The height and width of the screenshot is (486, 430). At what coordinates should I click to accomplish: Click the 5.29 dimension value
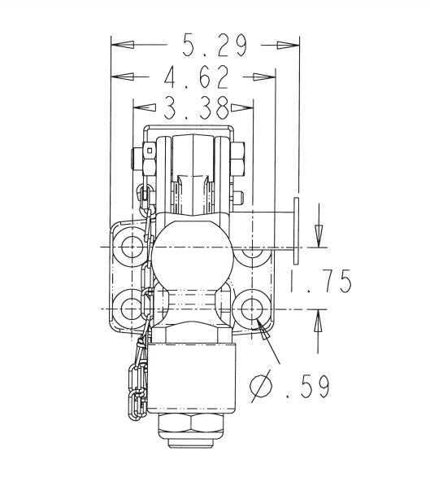(x=214, y=46)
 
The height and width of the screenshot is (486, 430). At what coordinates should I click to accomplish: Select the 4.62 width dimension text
(x=195, y=78)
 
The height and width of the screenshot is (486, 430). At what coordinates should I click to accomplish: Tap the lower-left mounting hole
(x=130, y=309)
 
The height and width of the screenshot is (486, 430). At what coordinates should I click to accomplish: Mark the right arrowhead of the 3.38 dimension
(x=245, y=107)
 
